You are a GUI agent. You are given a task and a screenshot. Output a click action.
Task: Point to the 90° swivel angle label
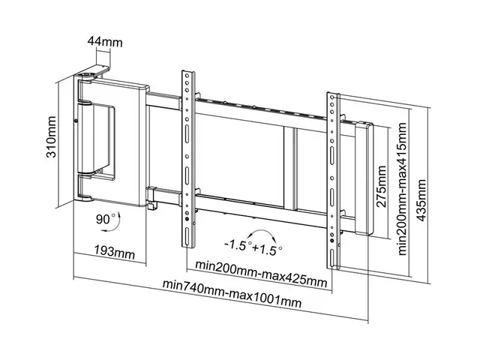pos(104,221)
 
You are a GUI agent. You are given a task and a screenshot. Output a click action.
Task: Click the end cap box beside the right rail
pos(364,180)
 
